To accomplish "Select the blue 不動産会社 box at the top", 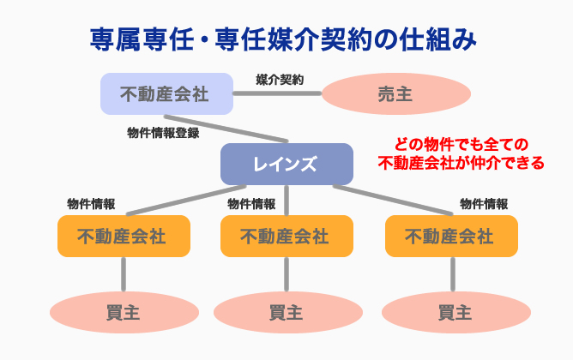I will tap(166, 93).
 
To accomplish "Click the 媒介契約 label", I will tap(280, 79).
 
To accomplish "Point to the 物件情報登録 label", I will tap(163, 133).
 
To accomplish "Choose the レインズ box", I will tap(286, 164).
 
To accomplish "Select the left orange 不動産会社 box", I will tap(122, 236).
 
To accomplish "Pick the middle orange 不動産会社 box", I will tap(286, 236).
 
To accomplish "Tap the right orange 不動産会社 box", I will tap(451, 236).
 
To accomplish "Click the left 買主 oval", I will tap(122, 312).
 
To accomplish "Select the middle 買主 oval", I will tap(286, 312).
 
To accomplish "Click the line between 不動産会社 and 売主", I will tap(278, 93).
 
